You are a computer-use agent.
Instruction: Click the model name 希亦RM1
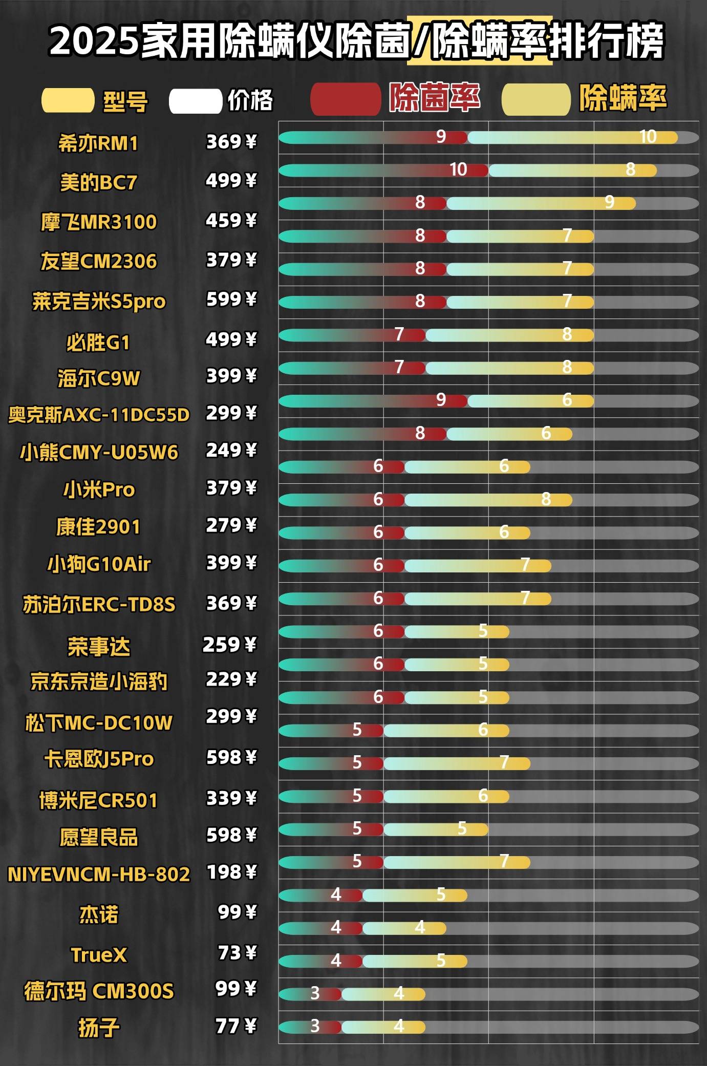click(x=98, y=143)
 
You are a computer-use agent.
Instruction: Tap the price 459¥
click(x=231, y=221)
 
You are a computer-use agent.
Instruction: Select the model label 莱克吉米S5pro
click(x=99, y=301)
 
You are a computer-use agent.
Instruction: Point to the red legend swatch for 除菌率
click(x=345, y=99)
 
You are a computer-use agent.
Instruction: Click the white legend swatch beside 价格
click(x=195, y=101)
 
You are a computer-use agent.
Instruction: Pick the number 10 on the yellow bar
click(x=648, y=137)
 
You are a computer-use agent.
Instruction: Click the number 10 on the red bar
click(x=458, y=169)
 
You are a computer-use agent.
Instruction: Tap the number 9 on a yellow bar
click(x=609, y=202)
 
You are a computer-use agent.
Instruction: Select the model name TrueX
click(x=98, y=955)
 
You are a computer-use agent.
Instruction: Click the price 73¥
click(x=237, y=953)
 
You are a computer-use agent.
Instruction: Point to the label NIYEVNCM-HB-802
click(x=99, y=874)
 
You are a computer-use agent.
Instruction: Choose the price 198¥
click(x=231, y=872)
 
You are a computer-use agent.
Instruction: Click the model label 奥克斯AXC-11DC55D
click(x=99, y=415)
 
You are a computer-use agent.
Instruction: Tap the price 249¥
click(x=231, y=451)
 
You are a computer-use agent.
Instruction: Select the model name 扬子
click(x=98, y=1027)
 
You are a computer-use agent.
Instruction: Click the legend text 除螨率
click(x=623, y=98)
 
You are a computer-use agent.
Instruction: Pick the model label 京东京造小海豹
click(x=99, y=681)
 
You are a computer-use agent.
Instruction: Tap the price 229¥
click(x=231, y=679)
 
